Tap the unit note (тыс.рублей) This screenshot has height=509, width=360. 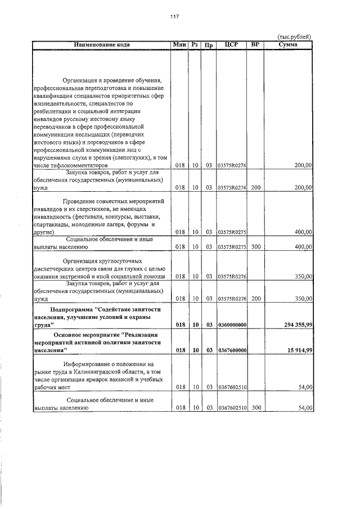click(x=295, y=37)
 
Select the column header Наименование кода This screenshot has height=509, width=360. click(x=101, y=44)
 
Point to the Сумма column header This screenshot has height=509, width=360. click(x=288, y=44)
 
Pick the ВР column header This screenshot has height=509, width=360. click(x=256, y=44)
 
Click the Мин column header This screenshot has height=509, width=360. click(x=180, y=44)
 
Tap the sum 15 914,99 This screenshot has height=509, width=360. click(x=296, y=350)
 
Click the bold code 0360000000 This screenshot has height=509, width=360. click(x=232, y=325)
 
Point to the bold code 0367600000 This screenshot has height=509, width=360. click(x=232, y=350)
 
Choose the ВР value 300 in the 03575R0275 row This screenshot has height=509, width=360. click(x=256, y=247)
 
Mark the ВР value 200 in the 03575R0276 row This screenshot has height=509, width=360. click(x=256, y=299)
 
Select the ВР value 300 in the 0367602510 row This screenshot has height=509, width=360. click(x=256, y=407)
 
